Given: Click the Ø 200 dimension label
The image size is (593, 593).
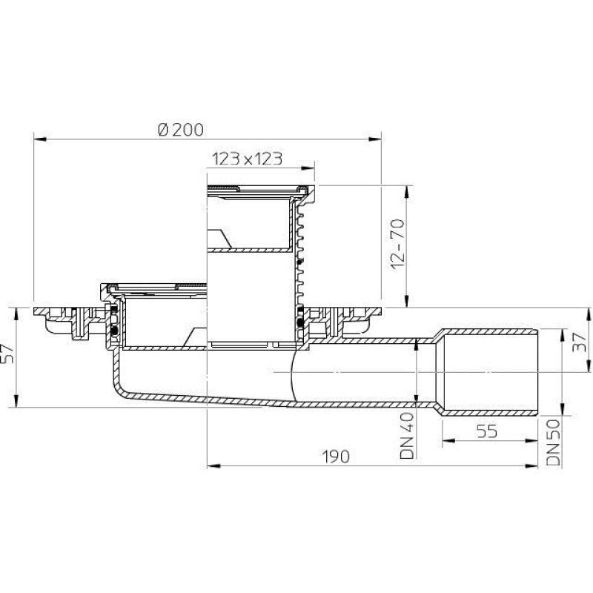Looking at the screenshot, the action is [x=181, y=130].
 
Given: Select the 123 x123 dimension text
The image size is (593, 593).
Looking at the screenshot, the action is [x=247, y=159].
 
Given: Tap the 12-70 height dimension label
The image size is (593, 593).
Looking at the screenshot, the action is [x=398, y=244].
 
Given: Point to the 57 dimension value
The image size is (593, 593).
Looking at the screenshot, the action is [x=9, y=354].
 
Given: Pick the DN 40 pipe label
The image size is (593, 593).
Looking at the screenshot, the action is [x=408, y=436].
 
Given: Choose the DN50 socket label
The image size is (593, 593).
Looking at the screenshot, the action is [x=553, y=443].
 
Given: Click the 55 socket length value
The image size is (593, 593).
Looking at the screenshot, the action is [x=487, y=431].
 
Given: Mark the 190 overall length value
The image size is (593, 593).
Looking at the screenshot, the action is [x=336, y=457].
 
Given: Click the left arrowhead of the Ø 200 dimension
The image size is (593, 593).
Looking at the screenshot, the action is [x=40, y=139].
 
